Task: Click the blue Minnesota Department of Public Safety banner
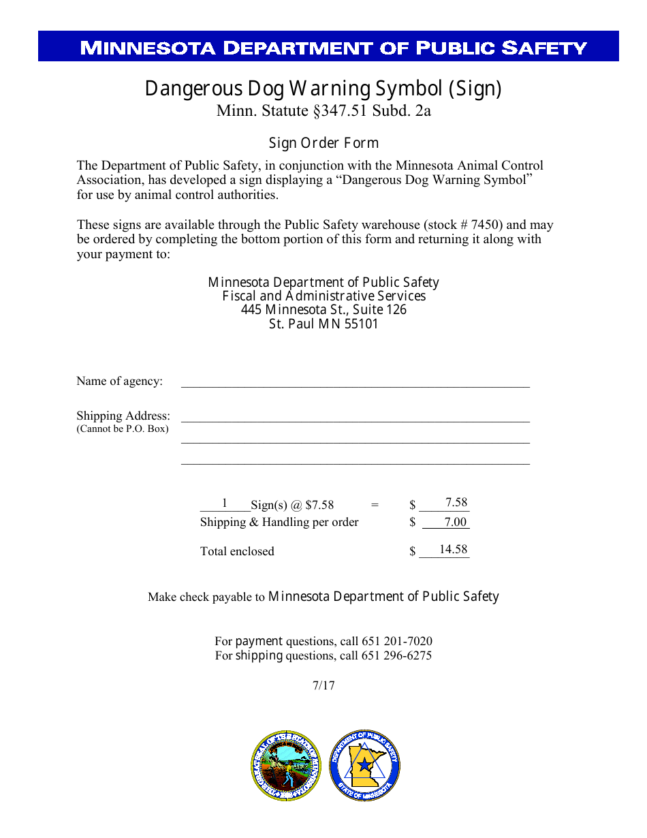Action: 328,46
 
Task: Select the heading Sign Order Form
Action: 323,143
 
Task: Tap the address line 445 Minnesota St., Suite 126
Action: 323,310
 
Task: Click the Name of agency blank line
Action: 355,382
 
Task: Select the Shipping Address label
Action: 123,416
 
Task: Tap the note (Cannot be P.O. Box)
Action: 123,429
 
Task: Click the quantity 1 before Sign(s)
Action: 225,503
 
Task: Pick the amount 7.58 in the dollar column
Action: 456,503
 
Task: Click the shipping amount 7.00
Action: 455,523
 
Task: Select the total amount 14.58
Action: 453,549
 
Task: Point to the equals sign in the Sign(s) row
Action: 375,505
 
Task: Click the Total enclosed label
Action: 237,551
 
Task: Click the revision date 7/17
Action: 323,685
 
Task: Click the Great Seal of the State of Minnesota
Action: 286,766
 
